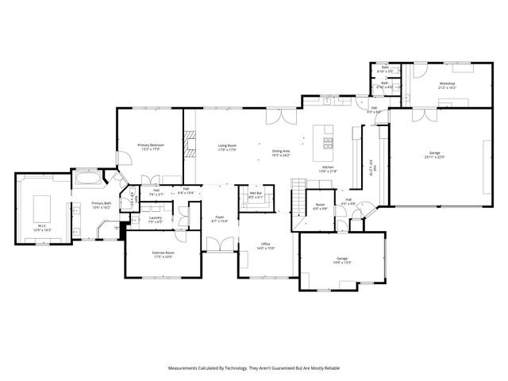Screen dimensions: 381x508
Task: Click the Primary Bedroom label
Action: pyautogui.click(x=150, y=145)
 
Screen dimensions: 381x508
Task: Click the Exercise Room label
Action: pyautogui.click(x=164, y=252)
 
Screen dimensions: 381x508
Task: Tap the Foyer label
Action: pyautogui.click(x=219, y=217)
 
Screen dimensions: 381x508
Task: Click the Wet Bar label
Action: pyautogui.click(x=256, y=193)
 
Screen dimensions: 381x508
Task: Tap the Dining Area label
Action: pyautogui.click(x=281, y=151)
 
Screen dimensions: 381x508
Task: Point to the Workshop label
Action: pyautogui.click(x=448, y=83)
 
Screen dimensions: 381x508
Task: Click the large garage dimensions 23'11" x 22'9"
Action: pyautogui.click(x=434, y=157)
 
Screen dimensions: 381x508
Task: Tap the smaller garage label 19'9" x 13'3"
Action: pyautogui.click(x=342, y=262)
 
